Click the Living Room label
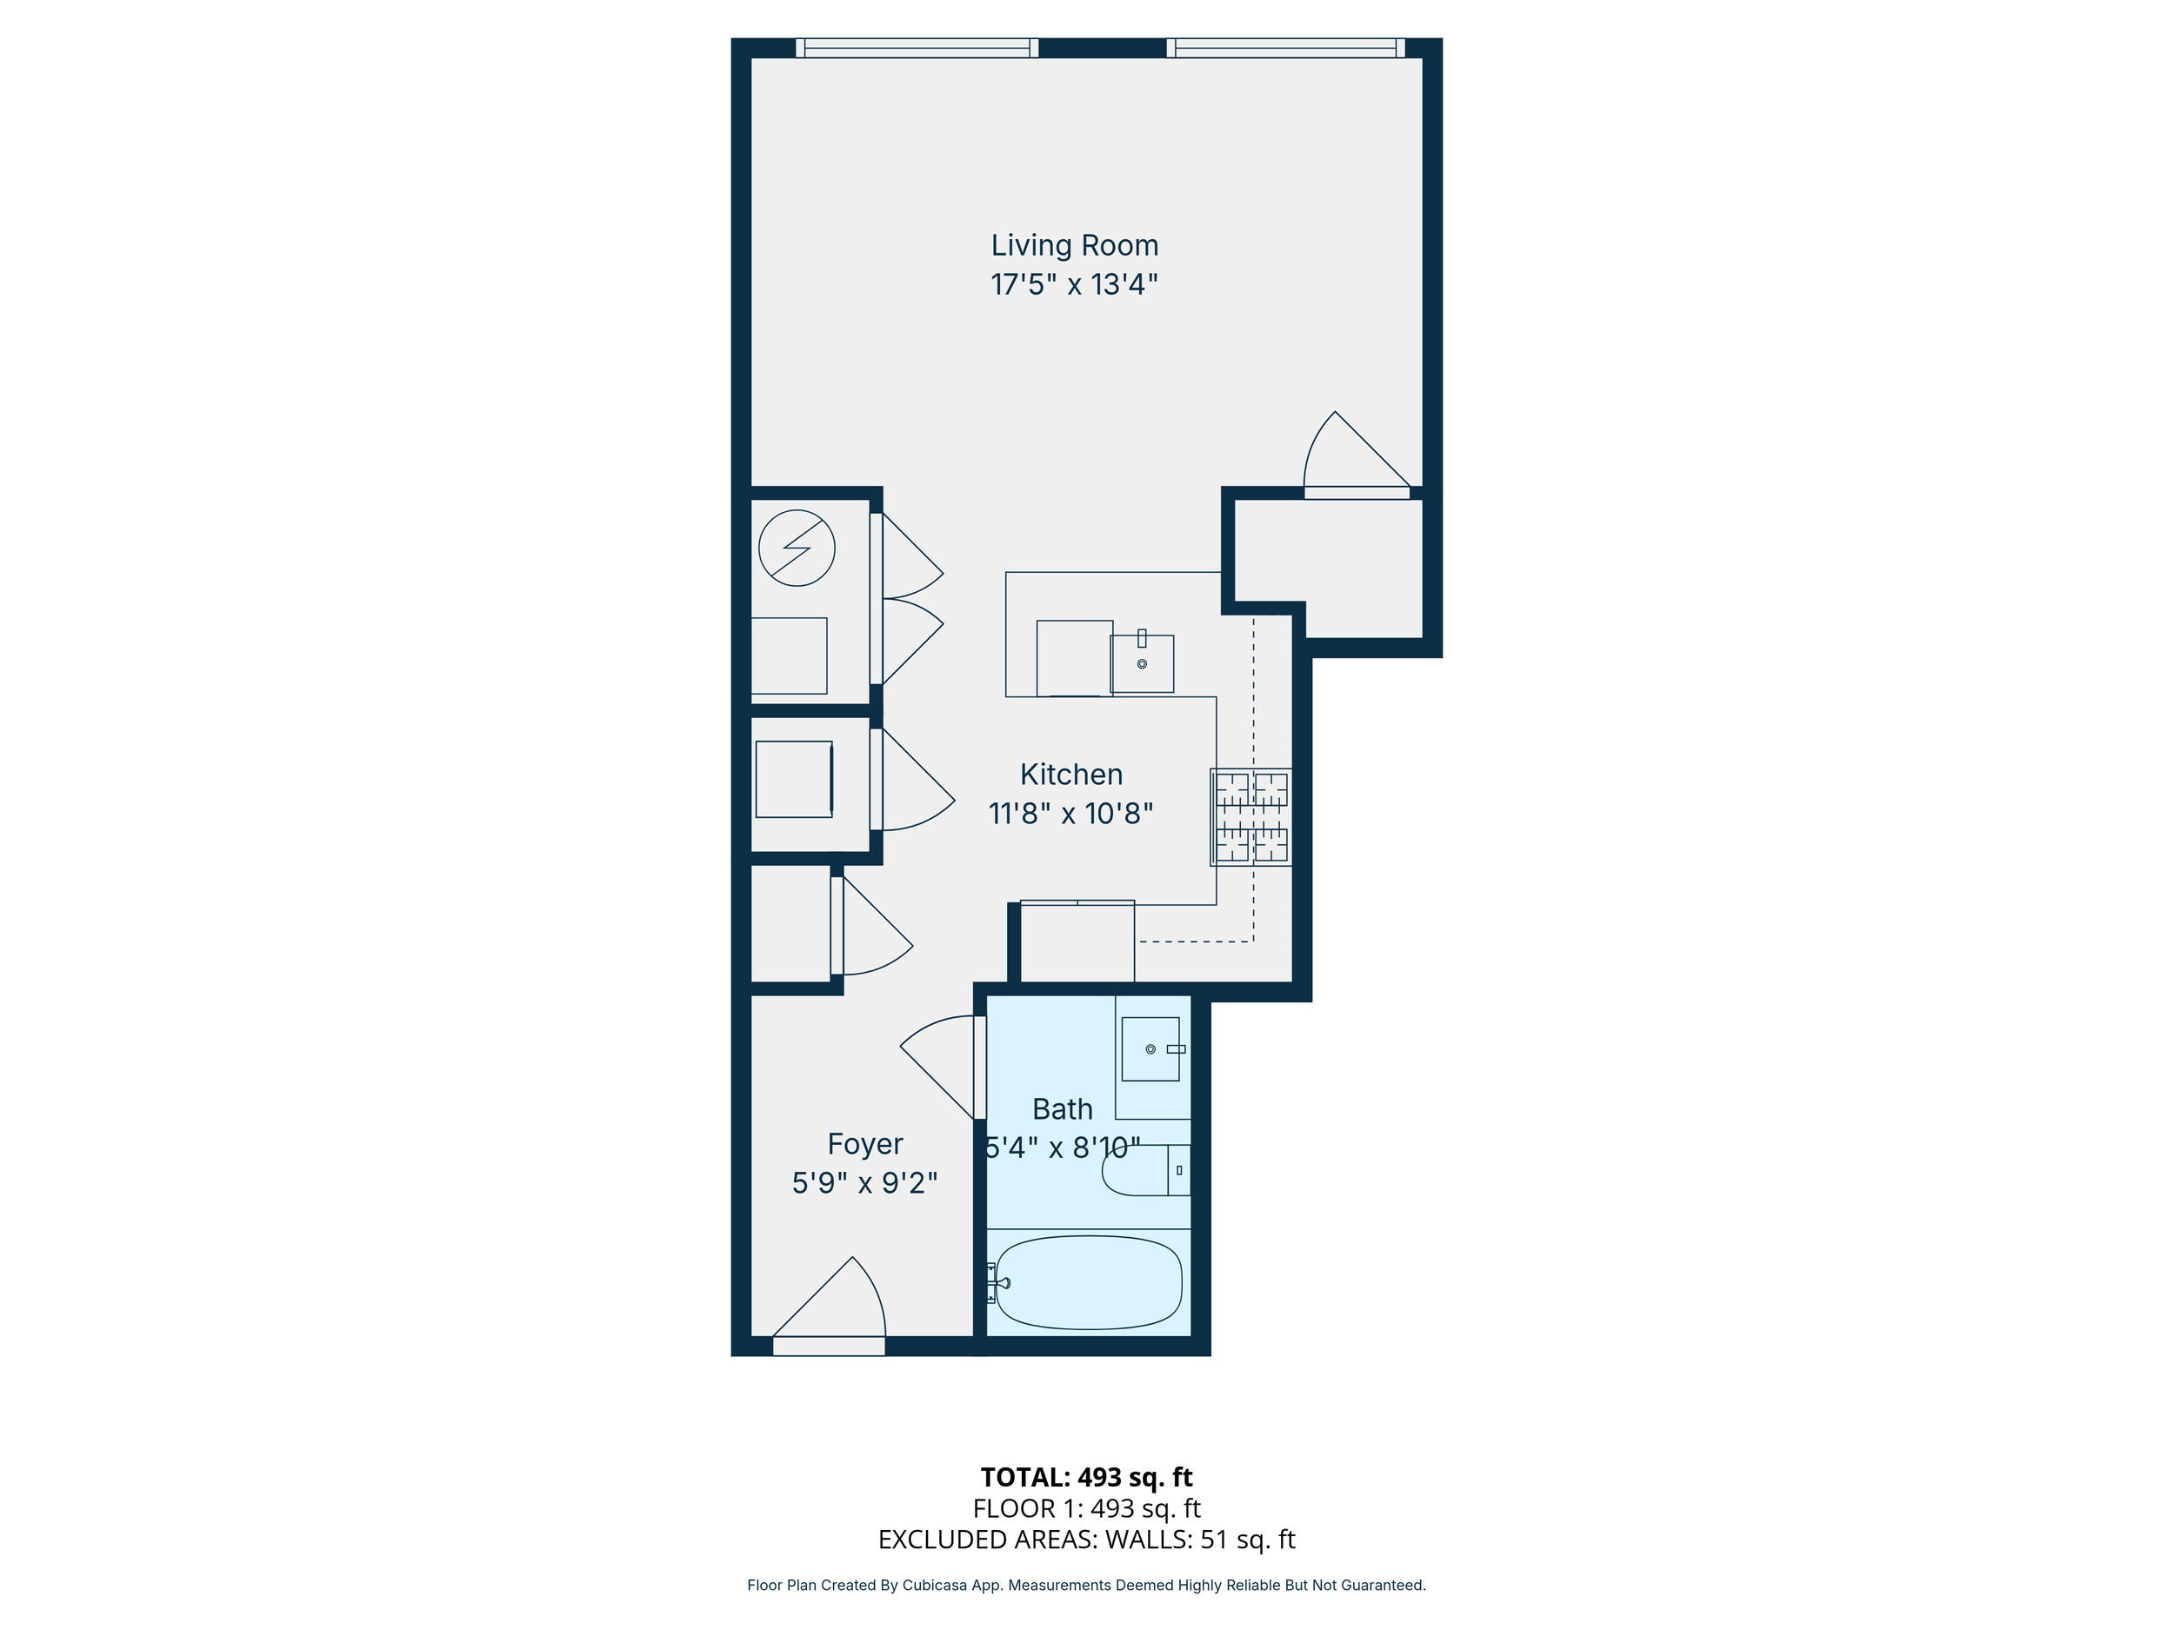click(1074, 246)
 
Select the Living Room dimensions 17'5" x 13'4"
click(1074, 285)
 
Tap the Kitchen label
click(1071, 775)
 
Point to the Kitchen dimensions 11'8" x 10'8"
click(1070, 814)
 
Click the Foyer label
click(865, 1145)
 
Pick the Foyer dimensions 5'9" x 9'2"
click(865, 1183)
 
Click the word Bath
click(1063, 1109)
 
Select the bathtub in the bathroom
click(1089, 1282)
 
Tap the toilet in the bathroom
click(1146, 1170)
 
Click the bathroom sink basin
click(1150, 1049)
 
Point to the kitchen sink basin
click(1142, 663)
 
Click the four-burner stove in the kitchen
click(1251, 817)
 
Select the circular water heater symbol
click(797, 549)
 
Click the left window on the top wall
click(917, 48)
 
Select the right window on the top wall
click(1285, 48)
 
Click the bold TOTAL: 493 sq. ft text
click(1086, 1478)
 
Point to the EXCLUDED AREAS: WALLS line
click(1086, 1540)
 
